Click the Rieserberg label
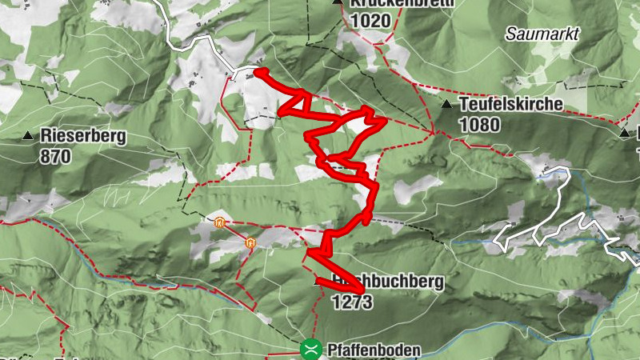[x=82, y=137]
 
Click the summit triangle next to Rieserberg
[x=29, y=136]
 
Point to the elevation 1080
[x=479, y=124]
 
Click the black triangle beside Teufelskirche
[x=446, y=105]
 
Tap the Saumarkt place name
[x=542, y=34]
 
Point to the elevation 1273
[x=352, y=302]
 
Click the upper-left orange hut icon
[x=219, y=223]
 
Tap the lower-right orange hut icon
[x=251, y=241]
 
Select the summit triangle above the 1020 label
[x=338, y=2]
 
